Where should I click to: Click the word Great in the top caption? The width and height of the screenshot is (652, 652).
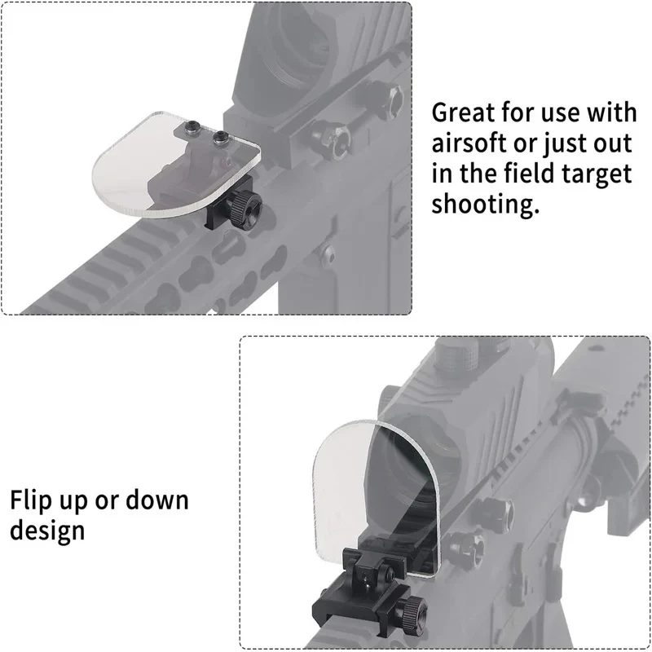[x=463, y=112]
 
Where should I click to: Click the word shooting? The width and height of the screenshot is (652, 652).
[x=485, y=204]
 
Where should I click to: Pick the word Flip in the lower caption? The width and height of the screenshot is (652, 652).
[x=30, y=501]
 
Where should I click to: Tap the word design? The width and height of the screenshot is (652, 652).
[x=47, y=531]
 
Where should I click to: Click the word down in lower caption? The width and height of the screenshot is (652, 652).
[x=157, y=500]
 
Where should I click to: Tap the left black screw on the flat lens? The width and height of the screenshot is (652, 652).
[x=192, y=126]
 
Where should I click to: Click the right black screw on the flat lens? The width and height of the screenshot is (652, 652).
[x=220, y=137]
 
